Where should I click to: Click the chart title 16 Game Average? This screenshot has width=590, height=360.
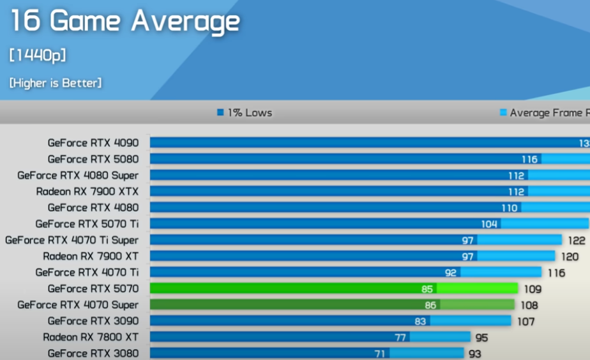tap(125, 22)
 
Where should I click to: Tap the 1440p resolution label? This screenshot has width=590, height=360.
tap(38, 56)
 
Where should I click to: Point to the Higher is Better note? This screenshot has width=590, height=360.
tap(55, 83)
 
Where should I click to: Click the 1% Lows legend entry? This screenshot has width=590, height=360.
tap(245, 113)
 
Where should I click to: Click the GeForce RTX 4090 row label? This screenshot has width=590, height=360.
tap(93, 143)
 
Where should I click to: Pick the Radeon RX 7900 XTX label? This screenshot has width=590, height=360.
tap(87, 191)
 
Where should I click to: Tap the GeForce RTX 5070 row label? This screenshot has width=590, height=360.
tap(93, 289)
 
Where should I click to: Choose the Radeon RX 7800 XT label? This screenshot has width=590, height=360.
tap(91, 337)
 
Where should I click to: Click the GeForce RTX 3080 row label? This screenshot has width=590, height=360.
tap(93, 353)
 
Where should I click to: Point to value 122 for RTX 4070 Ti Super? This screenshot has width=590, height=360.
tap(577, 240)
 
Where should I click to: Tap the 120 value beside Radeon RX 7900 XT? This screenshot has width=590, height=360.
tap(570, 257)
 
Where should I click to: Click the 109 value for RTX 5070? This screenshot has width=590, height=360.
tap(532, 289)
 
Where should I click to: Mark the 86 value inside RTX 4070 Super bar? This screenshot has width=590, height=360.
tap(430, 306)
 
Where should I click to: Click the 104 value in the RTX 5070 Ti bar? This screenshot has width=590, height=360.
tap(490, 224)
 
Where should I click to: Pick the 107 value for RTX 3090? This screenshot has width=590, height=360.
tap(526, 322)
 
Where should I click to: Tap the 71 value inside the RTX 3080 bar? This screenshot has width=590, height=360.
tap(381, 353)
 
